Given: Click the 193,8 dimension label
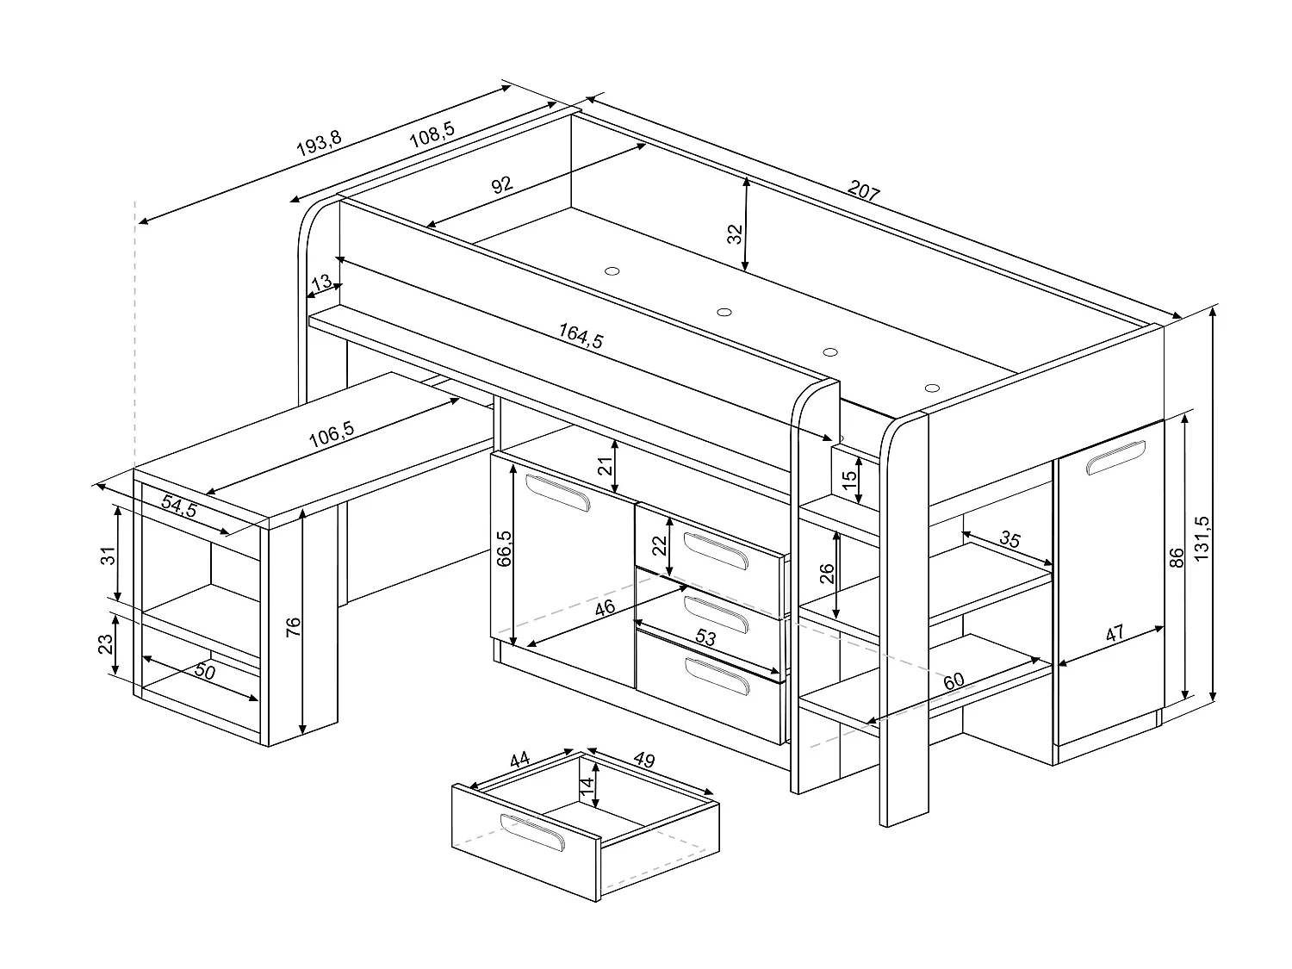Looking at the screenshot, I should point(319,144).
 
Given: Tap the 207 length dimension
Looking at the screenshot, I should point(864,191).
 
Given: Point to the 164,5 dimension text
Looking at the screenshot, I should point(581,337).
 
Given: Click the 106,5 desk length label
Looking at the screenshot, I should point(332,433).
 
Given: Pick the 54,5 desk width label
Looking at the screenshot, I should point(179,507).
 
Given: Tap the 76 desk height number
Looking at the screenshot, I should point(293,627).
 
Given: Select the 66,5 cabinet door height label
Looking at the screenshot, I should point(505,549).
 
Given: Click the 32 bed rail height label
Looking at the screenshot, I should point(735,234).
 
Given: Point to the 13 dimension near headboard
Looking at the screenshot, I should point(320,283).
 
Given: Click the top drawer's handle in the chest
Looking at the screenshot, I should point(717,550).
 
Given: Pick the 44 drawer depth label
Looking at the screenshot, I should point(519,761).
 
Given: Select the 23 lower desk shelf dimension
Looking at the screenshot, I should point(105,643).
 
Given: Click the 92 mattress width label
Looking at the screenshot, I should point(502,184).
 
